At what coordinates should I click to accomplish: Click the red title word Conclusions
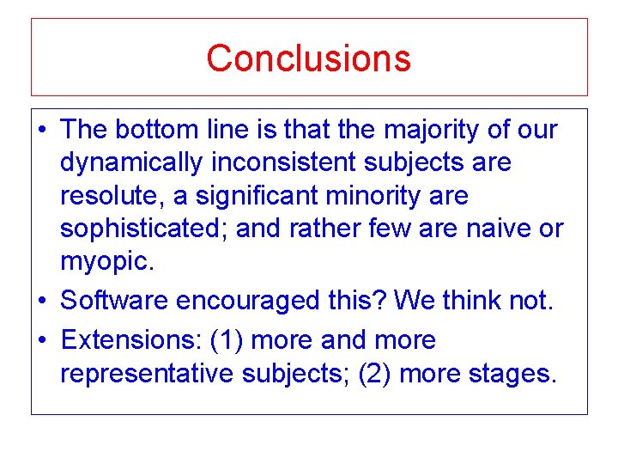click(308, 58)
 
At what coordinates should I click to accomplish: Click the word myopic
click(105, 262)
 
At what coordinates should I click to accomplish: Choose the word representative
click(145, 374)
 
